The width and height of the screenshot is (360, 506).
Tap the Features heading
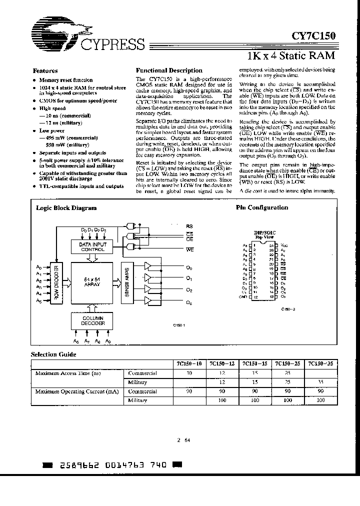tap(45, 71)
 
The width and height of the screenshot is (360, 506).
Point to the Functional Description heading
tap(169, 70)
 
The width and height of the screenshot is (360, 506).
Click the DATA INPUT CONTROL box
tap(92, 246)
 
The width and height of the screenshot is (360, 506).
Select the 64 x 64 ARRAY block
tap(93, 282)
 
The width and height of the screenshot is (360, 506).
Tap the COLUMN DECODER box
tap(92, 320)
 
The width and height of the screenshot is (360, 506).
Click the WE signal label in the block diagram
tap(190, 249)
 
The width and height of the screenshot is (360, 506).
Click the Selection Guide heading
tap(53, 354)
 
